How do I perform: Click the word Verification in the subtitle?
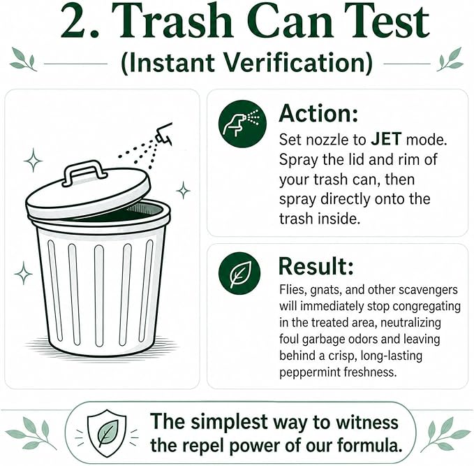point(297,63)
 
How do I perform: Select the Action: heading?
point(318,113)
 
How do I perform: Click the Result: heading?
point(316,266)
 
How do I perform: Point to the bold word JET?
point(386,140)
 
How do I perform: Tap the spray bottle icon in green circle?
point(242,124)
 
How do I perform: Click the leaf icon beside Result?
point(239,273)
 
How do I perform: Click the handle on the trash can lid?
point(84,171)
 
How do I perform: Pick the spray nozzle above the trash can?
point(165,133)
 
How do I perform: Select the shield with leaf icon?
point(106,433)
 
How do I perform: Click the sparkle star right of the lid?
point(183,190)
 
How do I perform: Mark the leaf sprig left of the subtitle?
point(23,59)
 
